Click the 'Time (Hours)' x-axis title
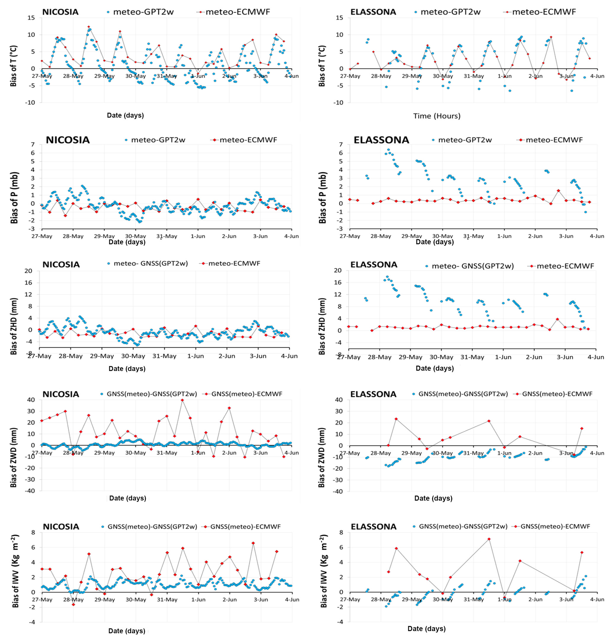point(436,116)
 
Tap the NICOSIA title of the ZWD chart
point(61,394)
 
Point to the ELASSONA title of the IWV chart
point(374,527)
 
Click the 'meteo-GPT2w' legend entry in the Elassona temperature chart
point(450,12)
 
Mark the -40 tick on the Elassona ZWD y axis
point(338,491)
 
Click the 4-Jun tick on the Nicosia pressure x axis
point(291,236)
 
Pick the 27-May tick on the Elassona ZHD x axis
point(349,357)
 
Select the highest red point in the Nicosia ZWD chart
point(182,400)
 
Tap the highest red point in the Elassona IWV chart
point(489,539)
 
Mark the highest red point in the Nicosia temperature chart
point(89,27)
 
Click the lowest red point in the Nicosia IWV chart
point(73,604)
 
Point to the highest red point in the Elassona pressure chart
point(558,190)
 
